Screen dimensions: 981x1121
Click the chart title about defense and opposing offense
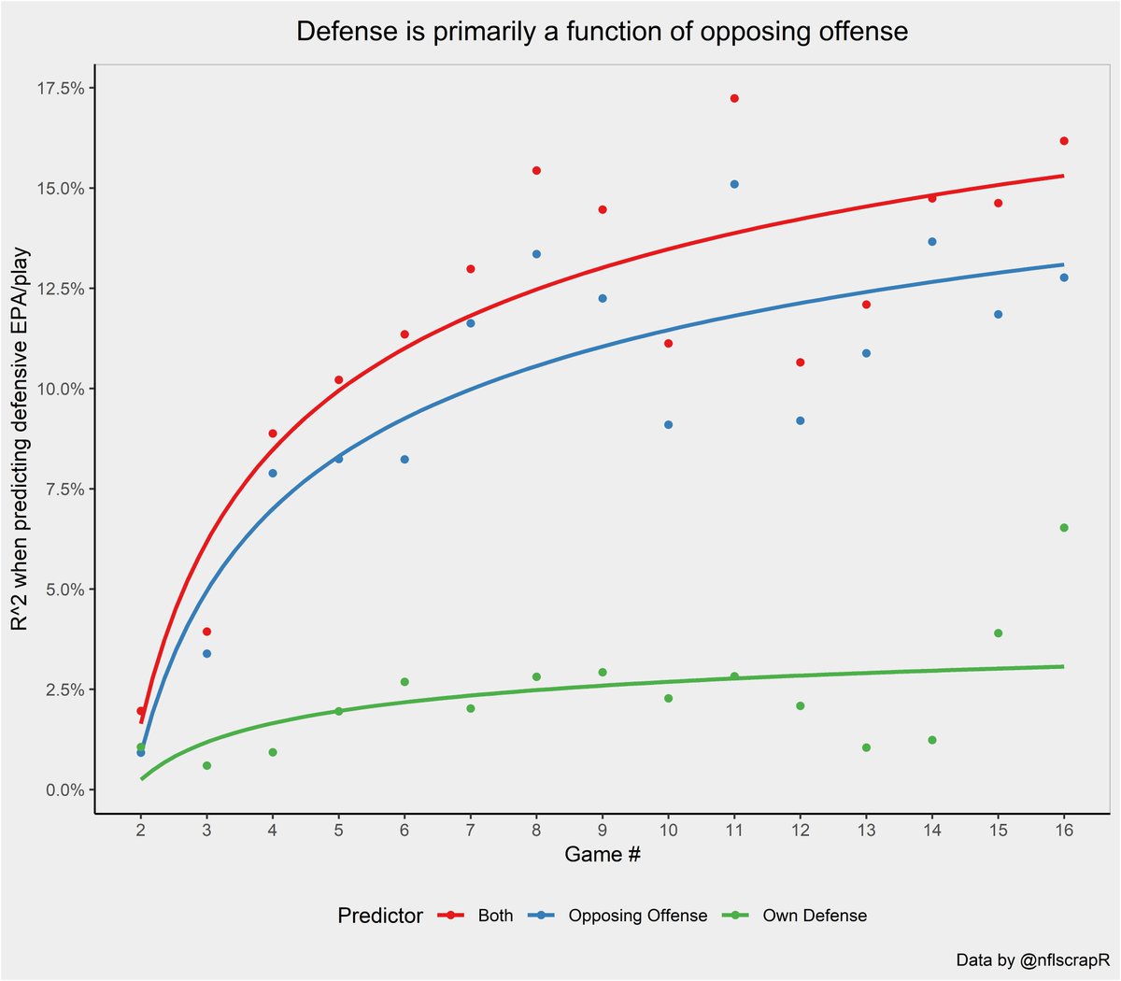tap(602, 32)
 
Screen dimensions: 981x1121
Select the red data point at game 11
tap(734, 98)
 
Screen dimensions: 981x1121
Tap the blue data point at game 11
tap(734, 184)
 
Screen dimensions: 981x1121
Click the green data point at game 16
tap(1064, 528)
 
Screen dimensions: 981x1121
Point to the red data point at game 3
tap(206, 632)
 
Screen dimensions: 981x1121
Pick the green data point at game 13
tap(866, 747)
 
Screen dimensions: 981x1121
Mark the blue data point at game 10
tap(668, 425)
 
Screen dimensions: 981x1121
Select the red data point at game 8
tap(536, 171)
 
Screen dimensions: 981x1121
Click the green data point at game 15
tap(998, 633)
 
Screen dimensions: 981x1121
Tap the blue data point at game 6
tap(404, 460)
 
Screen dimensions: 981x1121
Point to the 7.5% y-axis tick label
tap(65, 490)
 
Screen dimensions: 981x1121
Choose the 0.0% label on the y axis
tap(65, 790)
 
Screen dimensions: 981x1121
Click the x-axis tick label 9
tap(602, 830)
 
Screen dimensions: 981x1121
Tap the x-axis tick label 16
tap(1064, 830)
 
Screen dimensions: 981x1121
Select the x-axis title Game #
tap(602, 855)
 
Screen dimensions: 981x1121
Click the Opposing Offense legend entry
tap(637, 917)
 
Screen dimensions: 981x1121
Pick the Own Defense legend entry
tap(814, 917)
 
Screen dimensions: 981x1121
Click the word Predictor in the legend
tap(380, 917)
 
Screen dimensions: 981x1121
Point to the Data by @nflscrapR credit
tap(1031, 960)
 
